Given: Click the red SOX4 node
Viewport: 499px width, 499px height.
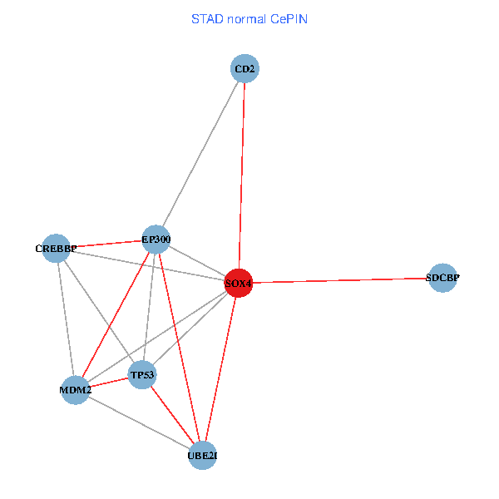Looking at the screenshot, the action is pyautogui.click(x=239, y=283).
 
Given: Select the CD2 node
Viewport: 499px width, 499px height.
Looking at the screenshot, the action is pyautogui.click(x=245, y=69).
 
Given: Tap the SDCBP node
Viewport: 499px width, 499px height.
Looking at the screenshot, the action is pyautogui.click(x=442, y=278).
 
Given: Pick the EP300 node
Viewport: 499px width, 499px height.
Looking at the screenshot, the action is pyautogui.click(x=156, y=240).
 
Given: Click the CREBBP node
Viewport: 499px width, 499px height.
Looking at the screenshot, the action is pyautogui.click(x=56, y=248).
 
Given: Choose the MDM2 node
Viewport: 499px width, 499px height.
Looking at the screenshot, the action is pyautogui.click(x=75, y=389).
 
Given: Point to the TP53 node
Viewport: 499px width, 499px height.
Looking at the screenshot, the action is pyautogui.click(x=142, y=375).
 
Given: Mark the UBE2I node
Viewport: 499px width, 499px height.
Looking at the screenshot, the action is pyautogui.click(x=203, y=455).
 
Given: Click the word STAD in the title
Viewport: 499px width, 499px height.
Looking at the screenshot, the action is pyautogui.click(x=207, y=18).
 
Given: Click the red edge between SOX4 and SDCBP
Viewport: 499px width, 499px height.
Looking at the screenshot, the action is pyautogui.click(x=341, y=280).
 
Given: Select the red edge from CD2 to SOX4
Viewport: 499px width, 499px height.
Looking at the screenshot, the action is pyautogui.click(x=242, y=175).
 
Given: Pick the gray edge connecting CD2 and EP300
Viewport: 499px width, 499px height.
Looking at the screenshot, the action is pyautogui.click(x=200, y=154).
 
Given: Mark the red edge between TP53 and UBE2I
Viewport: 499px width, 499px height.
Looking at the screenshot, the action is pyautogui.click(x=172, y=415).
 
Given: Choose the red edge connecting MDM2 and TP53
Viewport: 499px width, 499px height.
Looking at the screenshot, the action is pyautogui.click(x=108, y=383).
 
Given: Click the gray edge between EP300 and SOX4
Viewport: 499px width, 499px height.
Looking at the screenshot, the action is pyautogui.click(x=197, y=261).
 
